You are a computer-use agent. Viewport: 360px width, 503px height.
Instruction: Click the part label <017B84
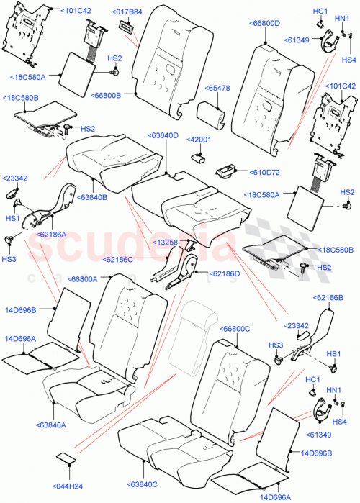tap(127, 12)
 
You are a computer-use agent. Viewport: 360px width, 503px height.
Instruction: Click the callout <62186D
tap(225, 274)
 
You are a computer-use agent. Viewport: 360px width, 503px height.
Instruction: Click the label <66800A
tap(88, 278)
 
